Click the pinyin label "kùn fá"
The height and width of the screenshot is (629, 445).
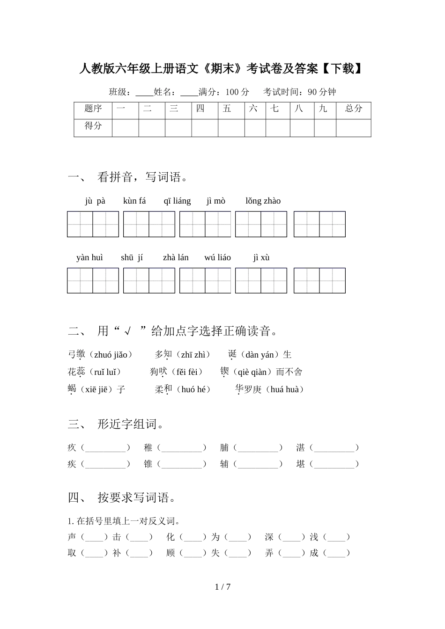click(x=134, y=201)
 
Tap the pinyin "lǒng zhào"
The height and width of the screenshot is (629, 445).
click(x=263, y=201)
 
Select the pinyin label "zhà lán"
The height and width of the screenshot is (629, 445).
click(x=176, y=257)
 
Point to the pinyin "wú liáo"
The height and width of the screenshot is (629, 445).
click(x=217, y=257)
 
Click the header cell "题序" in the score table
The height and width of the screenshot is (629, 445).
click(x=93, y=109)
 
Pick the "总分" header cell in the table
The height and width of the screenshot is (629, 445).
click(x=353, y=109)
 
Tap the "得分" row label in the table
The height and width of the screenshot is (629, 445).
click(x=93, y=126)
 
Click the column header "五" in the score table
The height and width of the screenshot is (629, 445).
click(x=227, y=109)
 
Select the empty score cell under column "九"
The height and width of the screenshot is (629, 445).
click(x=325, y=127)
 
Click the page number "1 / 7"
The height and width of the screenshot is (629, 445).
click(x=222, y=587)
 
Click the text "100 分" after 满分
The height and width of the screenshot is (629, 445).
click(x=237, y=92)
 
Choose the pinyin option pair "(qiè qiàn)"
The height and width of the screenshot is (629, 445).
click(x=252, y=372)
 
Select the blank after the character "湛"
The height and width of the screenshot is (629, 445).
click(x=334, y=448)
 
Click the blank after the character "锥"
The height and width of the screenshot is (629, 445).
click(x=182, y=464)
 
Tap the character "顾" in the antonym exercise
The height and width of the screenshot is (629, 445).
click(x=171, y=553)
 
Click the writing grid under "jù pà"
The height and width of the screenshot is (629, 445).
click(x=93, y=224)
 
